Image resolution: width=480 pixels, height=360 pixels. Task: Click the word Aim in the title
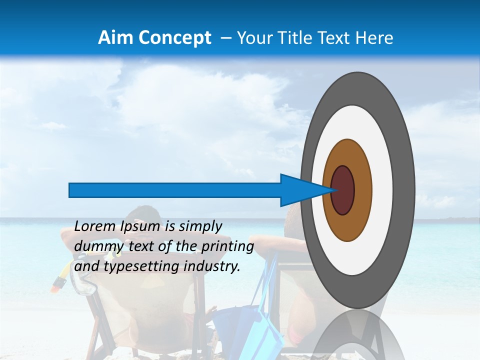116,38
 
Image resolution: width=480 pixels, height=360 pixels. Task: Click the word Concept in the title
174,38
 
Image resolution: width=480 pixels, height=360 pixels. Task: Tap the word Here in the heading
376,38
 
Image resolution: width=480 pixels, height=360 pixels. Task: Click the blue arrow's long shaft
175,190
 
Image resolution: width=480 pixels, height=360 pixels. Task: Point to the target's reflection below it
357,335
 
